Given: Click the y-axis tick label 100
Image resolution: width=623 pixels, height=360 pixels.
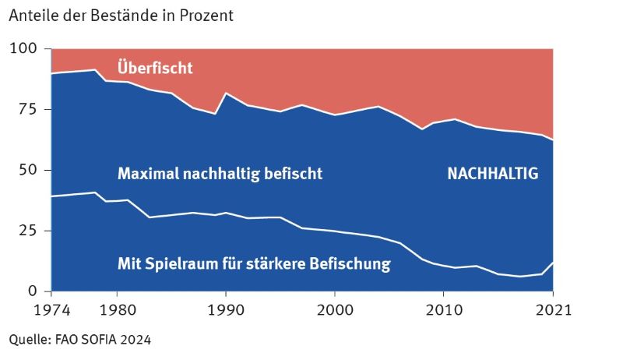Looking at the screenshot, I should pos(24,49).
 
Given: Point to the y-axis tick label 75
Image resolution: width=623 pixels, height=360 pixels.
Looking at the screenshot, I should pos(28,110).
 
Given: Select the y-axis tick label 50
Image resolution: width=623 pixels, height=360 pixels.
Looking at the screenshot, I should pos(28,171).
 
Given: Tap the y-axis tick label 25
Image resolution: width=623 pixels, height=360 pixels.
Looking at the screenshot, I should pos(28,231).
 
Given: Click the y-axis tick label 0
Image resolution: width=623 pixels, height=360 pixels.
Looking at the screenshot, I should pos(33,291).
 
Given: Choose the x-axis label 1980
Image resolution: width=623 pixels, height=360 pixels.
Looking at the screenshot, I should pos(117,310).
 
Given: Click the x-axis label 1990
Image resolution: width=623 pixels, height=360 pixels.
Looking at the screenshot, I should pos(226,310).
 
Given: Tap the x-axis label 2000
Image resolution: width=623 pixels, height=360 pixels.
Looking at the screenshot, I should pos(335,310).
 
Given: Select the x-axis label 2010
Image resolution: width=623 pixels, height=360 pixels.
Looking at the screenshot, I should pos(444,310).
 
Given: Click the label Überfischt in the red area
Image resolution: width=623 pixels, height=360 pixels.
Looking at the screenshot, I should pos(155,68).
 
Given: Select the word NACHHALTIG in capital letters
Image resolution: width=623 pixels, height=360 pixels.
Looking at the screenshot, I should pos(492,175).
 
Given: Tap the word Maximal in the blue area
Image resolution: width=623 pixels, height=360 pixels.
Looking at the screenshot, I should pos(146,174).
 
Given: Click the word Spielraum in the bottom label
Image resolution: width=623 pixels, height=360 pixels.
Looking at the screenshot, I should pos(181,264).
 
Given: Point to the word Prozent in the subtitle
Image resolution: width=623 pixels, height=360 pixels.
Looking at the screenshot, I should pos(206,15).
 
